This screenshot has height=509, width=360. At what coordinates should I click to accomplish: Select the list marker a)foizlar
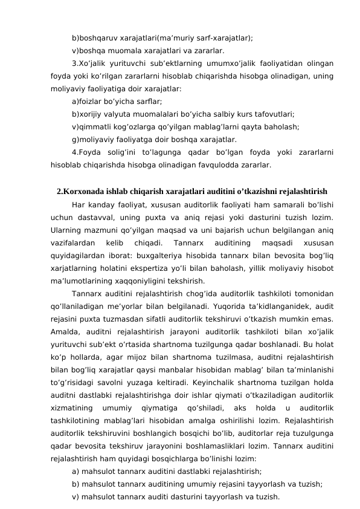[88, 101]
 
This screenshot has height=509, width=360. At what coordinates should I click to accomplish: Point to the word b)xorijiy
[89, 114]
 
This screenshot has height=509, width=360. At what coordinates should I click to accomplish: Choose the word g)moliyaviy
[95, 138]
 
